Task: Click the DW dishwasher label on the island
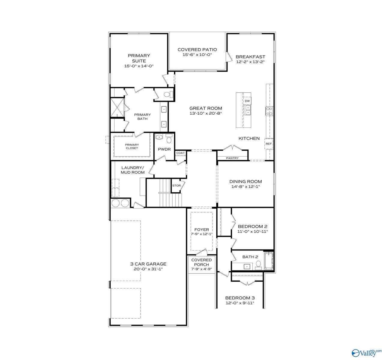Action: click(x=247, y=101)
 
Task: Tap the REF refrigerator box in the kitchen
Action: click(x=269, y=144)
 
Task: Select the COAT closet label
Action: click(x=180, y=153)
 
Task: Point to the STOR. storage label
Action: click(x=177, y=186)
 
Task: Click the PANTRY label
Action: click(x=232, y=158)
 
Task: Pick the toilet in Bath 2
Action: click(x=258, y=264)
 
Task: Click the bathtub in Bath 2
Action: click(x=269, y=261)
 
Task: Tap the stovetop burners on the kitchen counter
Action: click(x=269, y=111)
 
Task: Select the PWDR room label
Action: click(x=164, y=149)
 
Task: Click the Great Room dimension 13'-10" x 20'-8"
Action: click(x=206, y=113)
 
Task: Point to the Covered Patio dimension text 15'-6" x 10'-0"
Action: click(x=197, y=55)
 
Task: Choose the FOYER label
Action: click(x=202, y=229)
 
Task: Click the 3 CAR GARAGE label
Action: click(x=148, y=264)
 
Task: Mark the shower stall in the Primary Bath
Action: click(x=117, y=107)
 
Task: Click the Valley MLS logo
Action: click(x=366, y=352)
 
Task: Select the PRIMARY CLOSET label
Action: click(x=132, y=146)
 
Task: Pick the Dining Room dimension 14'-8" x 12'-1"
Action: click(x=246, y=186)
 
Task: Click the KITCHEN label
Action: click(x=249, y=138)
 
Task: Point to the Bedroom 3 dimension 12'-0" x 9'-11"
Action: click(x=240, y=303)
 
